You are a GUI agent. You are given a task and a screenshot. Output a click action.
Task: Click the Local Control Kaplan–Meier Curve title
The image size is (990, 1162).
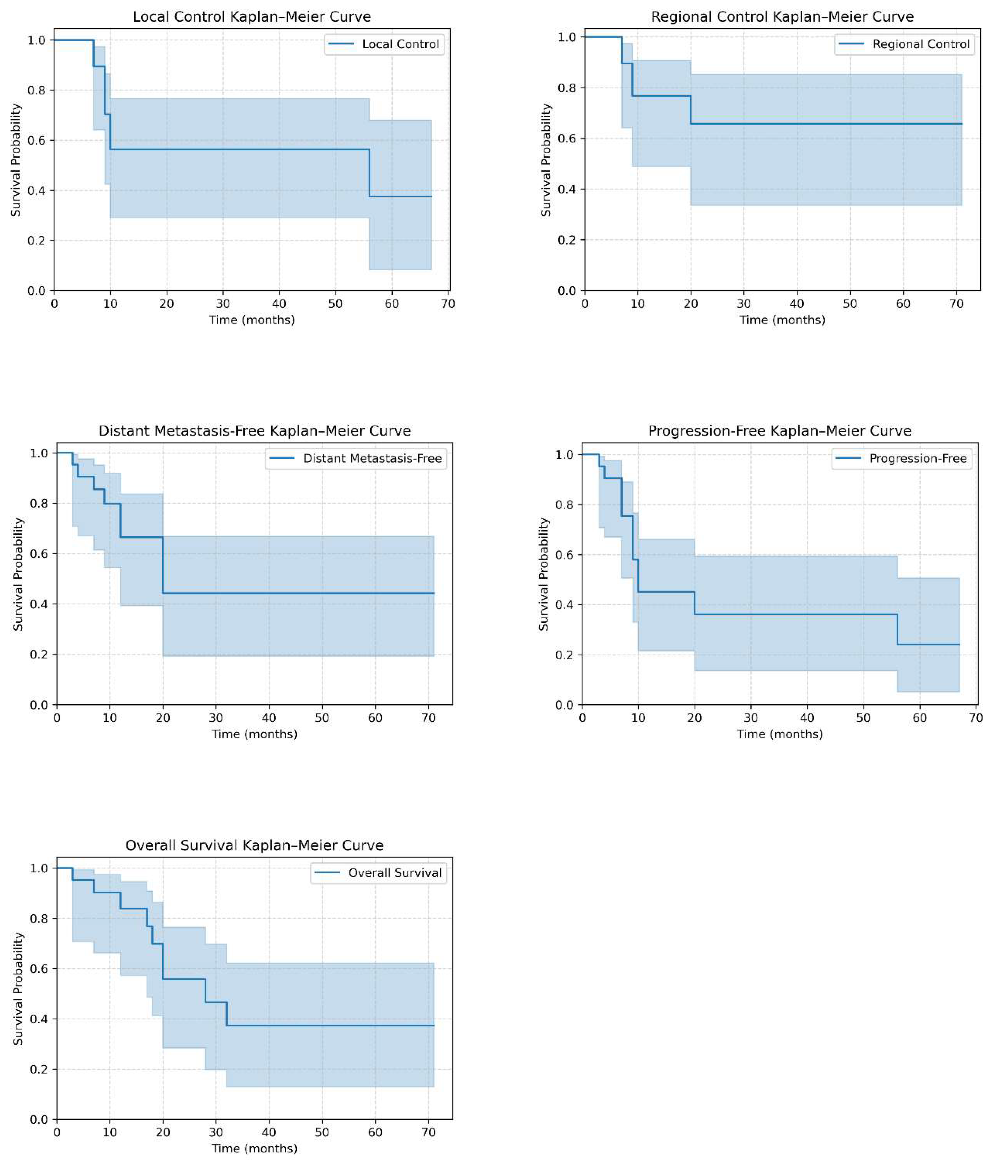pos(251,17)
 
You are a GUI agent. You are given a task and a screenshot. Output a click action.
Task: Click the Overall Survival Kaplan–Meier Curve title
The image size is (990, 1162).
pos(254,845)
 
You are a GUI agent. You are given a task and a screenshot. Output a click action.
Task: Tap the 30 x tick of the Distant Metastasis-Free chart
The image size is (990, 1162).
pos(216,718)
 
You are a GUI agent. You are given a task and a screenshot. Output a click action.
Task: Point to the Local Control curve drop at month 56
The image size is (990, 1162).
pos(369,173)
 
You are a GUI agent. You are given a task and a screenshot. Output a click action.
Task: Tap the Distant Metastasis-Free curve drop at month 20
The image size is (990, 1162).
pos(163,565)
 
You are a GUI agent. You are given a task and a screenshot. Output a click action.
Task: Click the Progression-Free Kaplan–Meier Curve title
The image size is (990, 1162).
pos(780,431)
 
